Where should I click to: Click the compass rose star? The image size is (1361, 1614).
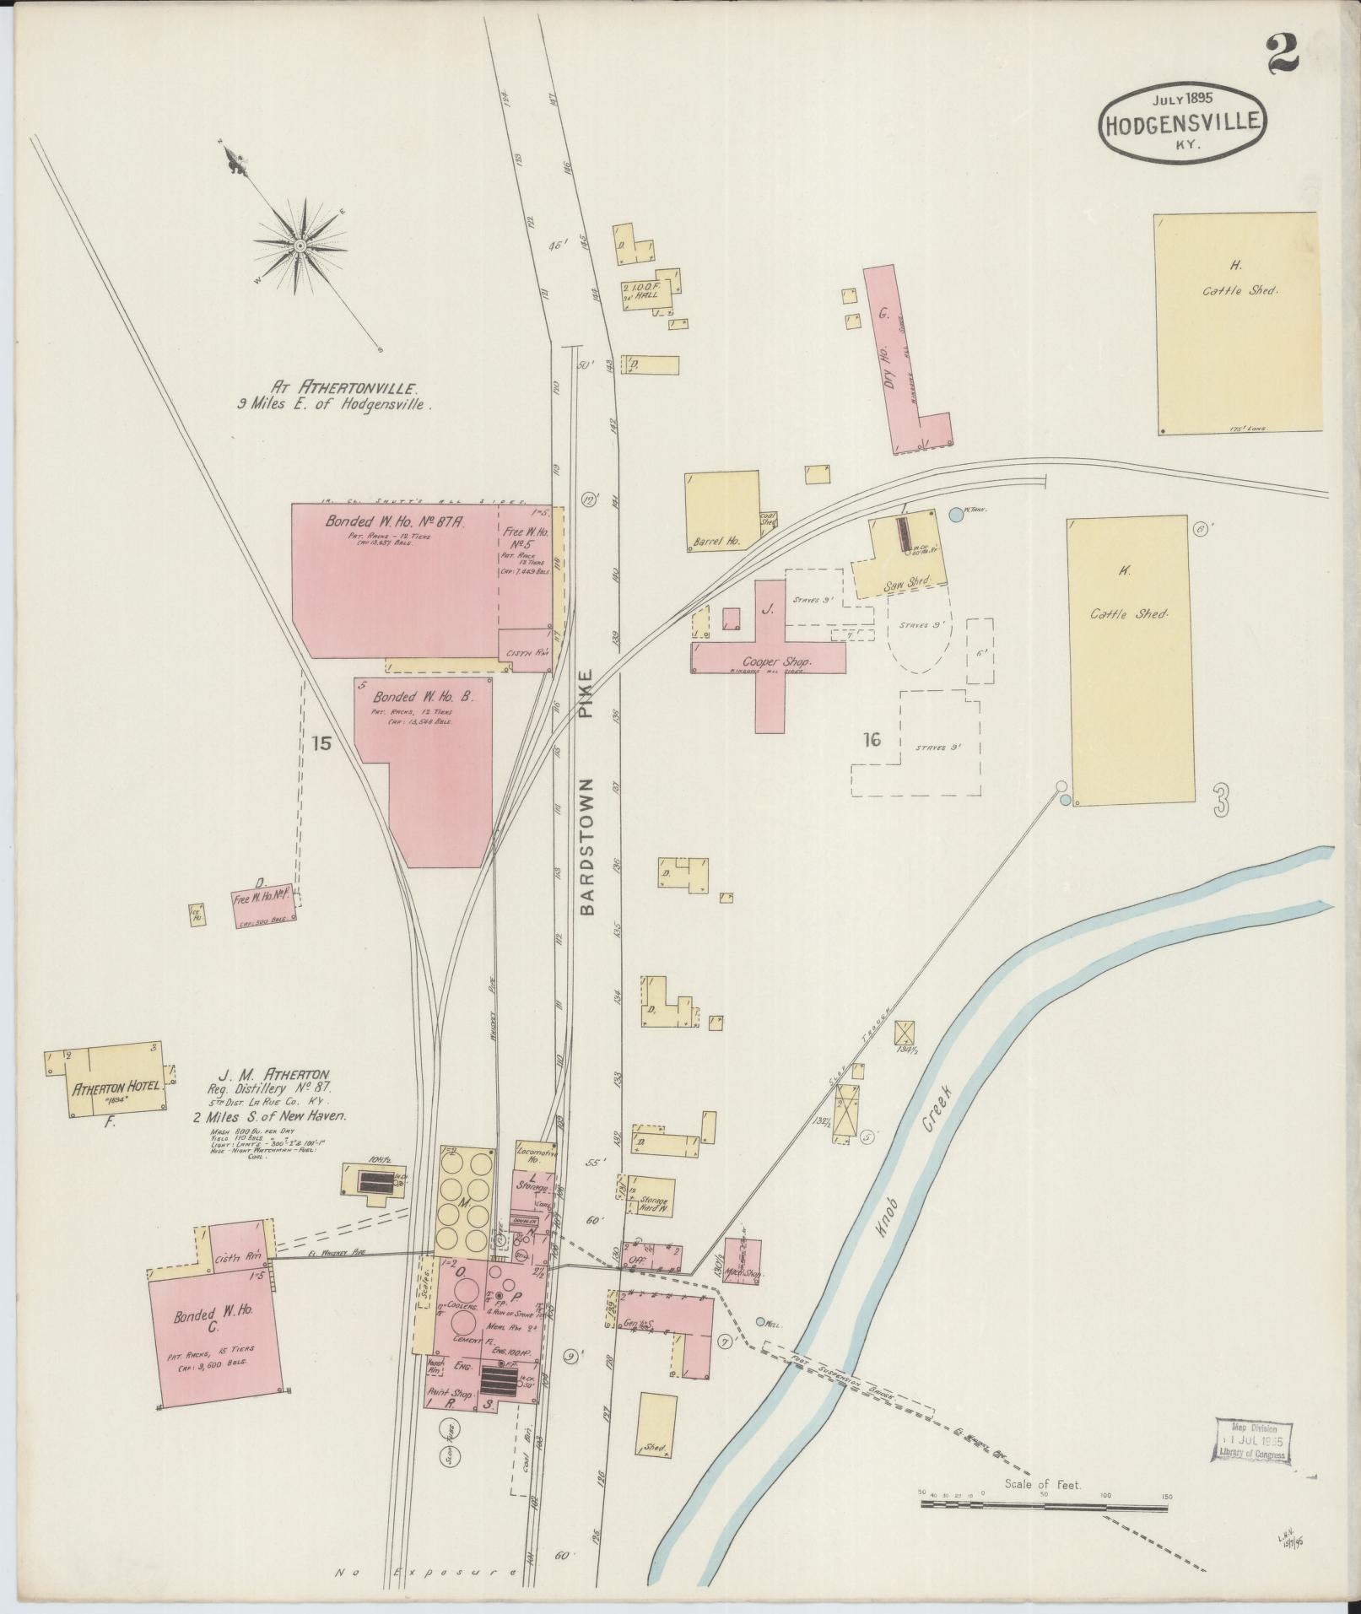tap(300, 245)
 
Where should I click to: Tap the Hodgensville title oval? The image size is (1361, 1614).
tap(1182, 123)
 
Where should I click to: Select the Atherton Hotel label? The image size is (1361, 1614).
tap(115, 1088)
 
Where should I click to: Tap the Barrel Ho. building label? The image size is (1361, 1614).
tap(716, 542)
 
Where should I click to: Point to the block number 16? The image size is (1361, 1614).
tap(872, 740)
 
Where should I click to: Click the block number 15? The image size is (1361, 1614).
tap(321, 743)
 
